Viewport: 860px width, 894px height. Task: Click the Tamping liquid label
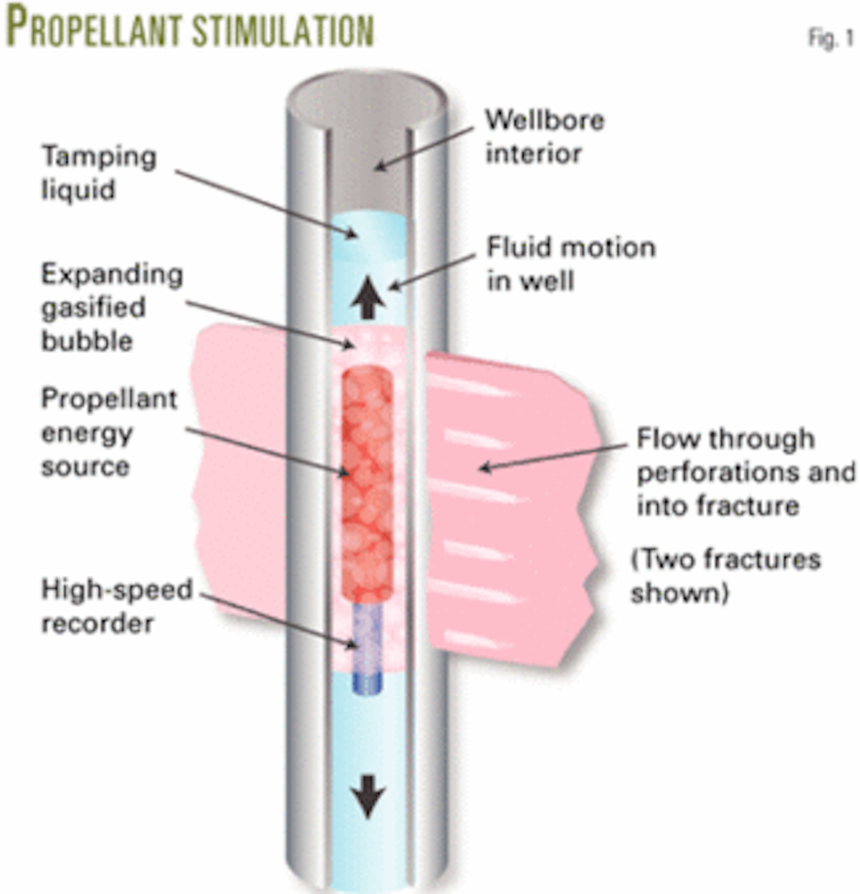point(98,173)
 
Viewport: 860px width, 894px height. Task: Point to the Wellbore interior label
point(544,136)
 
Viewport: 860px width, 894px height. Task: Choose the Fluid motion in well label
point(570,264)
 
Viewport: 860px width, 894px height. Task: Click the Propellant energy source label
point(108,432)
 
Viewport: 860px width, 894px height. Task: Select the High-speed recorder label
point(116,606)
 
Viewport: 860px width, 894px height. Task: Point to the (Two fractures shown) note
point(725,575)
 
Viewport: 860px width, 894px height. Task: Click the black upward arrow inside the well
point(368,298)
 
